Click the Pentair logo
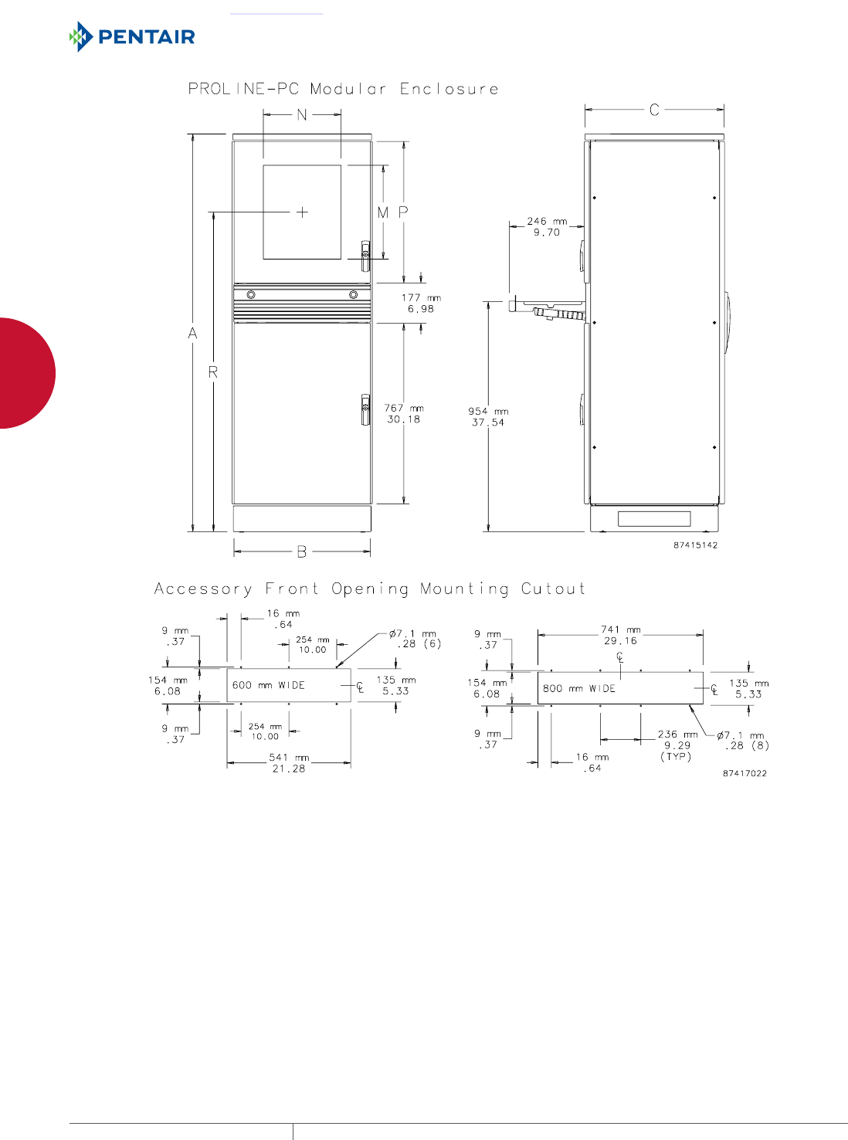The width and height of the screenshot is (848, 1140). tap(132, 36)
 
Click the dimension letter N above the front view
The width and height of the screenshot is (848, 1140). tap(302, 115)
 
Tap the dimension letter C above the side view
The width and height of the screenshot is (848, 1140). tap(654, 110)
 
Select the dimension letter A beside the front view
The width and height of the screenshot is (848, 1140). tap(193, 334)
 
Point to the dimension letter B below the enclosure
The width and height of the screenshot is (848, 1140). tap(302, 551)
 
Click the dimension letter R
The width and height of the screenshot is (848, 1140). tap(213, 372)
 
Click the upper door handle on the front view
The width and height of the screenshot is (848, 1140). tap(365, 256)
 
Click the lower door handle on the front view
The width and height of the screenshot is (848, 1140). tap(365, 409)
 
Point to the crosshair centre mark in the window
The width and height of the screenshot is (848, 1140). tap(302, 212)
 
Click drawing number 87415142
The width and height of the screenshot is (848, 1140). tap(695, 545)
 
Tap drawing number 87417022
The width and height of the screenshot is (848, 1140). tap(745, 773)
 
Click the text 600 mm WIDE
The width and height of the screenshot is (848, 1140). tap(269, 685)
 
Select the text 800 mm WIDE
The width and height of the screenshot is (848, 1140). tap(579, 688)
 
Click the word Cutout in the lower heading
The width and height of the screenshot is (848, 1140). tap(553, 589)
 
